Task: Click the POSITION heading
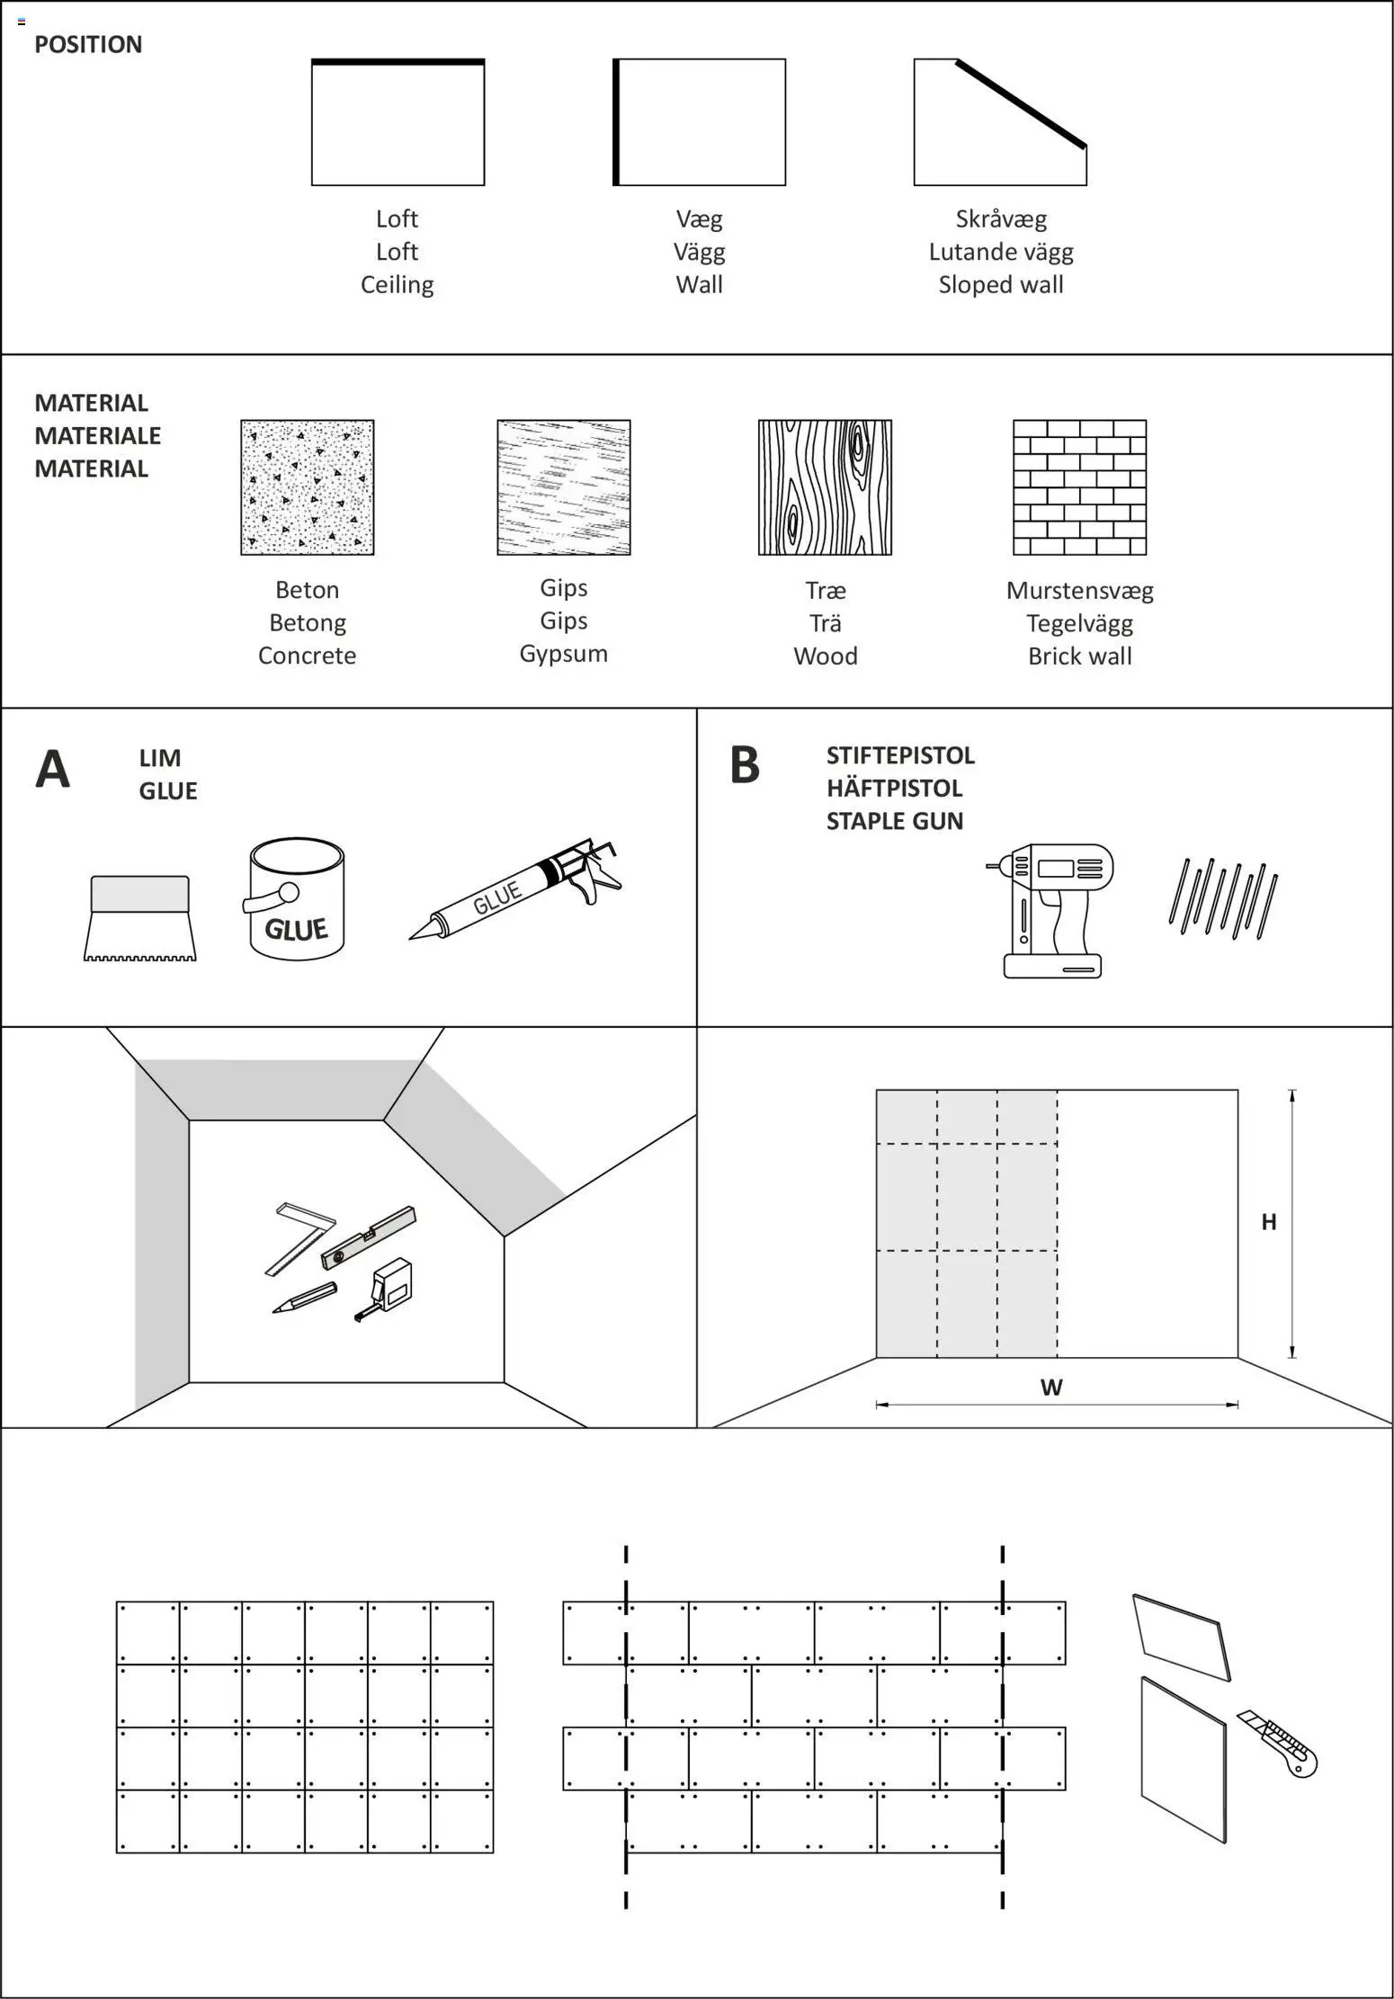click(x=88, y=45)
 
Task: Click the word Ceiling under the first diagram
click(x=397, y=285)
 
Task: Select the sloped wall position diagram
click(x=1000, y=122)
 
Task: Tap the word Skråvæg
click(x=1001, y=219)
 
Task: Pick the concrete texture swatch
click(x=307, y=487)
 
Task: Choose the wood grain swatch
click(x=825, y=487)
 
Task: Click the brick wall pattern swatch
click(x=1079, y=487)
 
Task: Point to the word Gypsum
click(x=563, y=654)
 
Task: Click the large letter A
click(x=52, y=771)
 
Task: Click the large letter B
click(x=745, y=766)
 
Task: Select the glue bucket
click(x=296, y=900)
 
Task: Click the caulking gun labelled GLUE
click(x=517, y=890)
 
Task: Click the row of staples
click(x=1224, y=899)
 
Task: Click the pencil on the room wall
click(x=304, y=1298)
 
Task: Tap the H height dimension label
click(x=1269, y=1222)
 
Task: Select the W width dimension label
click(x=1051, y=1388)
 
